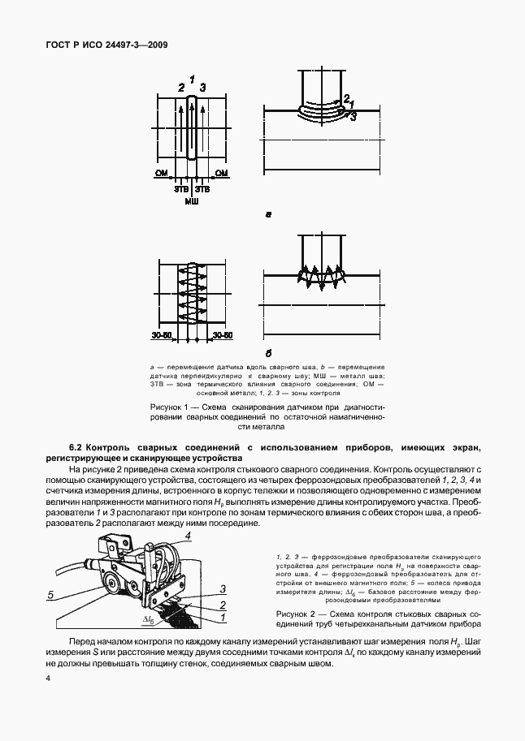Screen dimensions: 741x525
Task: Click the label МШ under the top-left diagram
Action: click(192, 199)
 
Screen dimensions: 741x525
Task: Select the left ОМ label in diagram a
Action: click(161, 173)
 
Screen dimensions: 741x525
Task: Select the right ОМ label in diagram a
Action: click(221, 173)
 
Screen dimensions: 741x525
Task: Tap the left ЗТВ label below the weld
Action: click(180, 188)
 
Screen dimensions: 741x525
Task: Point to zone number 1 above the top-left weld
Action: click(192, 79)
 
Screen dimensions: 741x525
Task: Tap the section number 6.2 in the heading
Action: click(76, 446)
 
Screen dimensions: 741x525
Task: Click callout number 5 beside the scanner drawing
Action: click(50, 595)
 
